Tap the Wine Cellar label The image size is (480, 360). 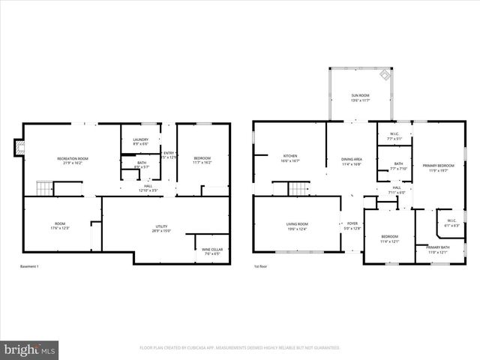click(212, 251)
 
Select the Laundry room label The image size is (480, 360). click(140, 140)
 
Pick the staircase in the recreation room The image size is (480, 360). click(45, 188)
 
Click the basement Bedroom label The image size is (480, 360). click(202, 160)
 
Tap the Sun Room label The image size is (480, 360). click(361, 98)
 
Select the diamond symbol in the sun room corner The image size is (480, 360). click(385, 75)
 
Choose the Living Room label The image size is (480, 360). click(298, 226)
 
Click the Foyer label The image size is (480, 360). click(352, 226)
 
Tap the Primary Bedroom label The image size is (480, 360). click(437, 167)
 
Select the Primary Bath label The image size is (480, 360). click(437, 249)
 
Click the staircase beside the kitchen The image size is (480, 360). click(299, 187)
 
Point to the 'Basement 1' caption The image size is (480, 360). click(29, 266)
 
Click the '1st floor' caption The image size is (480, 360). click(262, 266)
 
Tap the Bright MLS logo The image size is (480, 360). click(30, 349)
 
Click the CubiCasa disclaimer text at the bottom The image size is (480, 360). click(240, 348)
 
